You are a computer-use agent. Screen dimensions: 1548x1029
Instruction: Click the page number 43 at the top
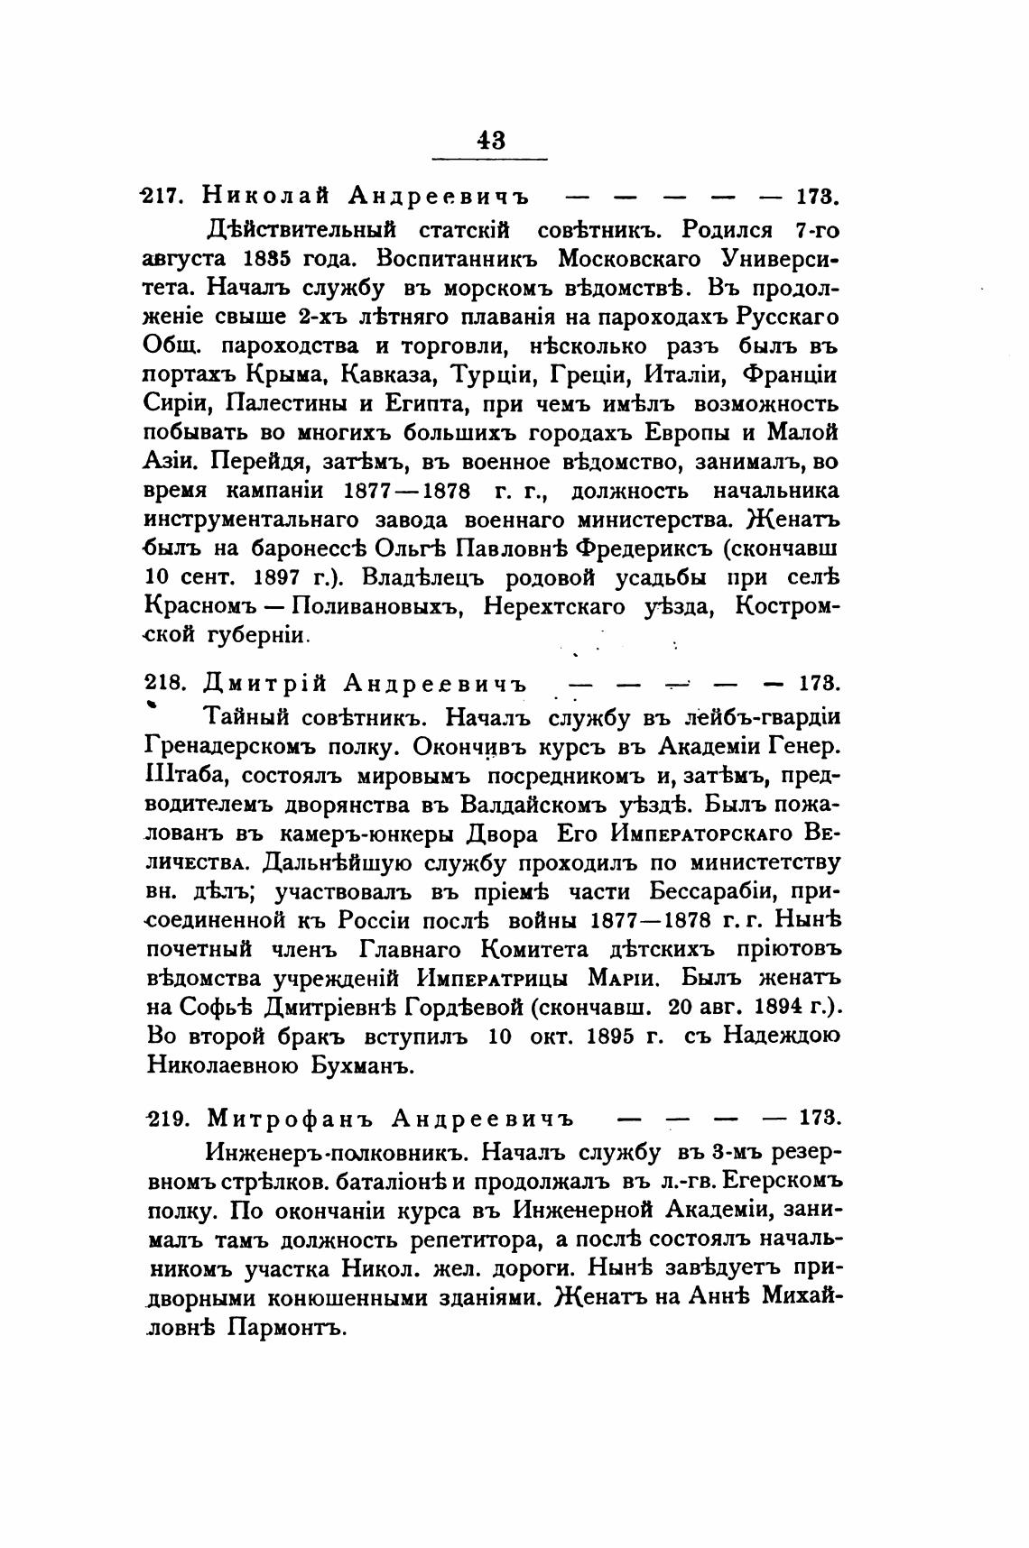(491, 140)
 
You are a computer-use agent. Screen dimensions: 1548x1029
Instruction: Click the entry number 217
(164, 196)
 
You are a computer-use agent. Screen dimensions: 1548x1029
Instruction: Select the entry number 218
(165, 681)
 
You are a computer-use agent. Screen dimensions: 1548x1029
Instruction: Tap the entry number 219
(165, 1118)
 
